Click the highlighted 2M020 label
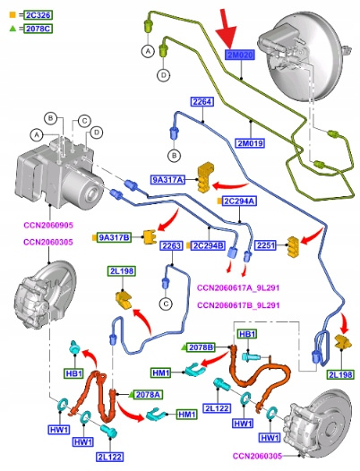240,55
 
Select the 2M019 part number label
251,143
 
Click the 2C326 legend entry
39,15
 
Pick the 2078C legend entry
39,29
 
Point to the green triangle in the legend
13,29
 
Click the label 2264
202,102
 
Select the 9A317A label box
167,180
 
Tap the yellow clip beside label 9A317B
150,236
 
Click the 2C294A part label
239,201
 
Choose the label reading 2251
266,245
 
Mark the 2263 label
172,245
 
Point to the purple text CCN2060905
48,226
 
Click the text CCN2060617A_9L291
238,287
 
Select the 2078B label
201,347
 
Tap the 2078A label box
149,394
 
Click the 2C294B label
209,245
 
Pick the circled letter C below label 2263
166,304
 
